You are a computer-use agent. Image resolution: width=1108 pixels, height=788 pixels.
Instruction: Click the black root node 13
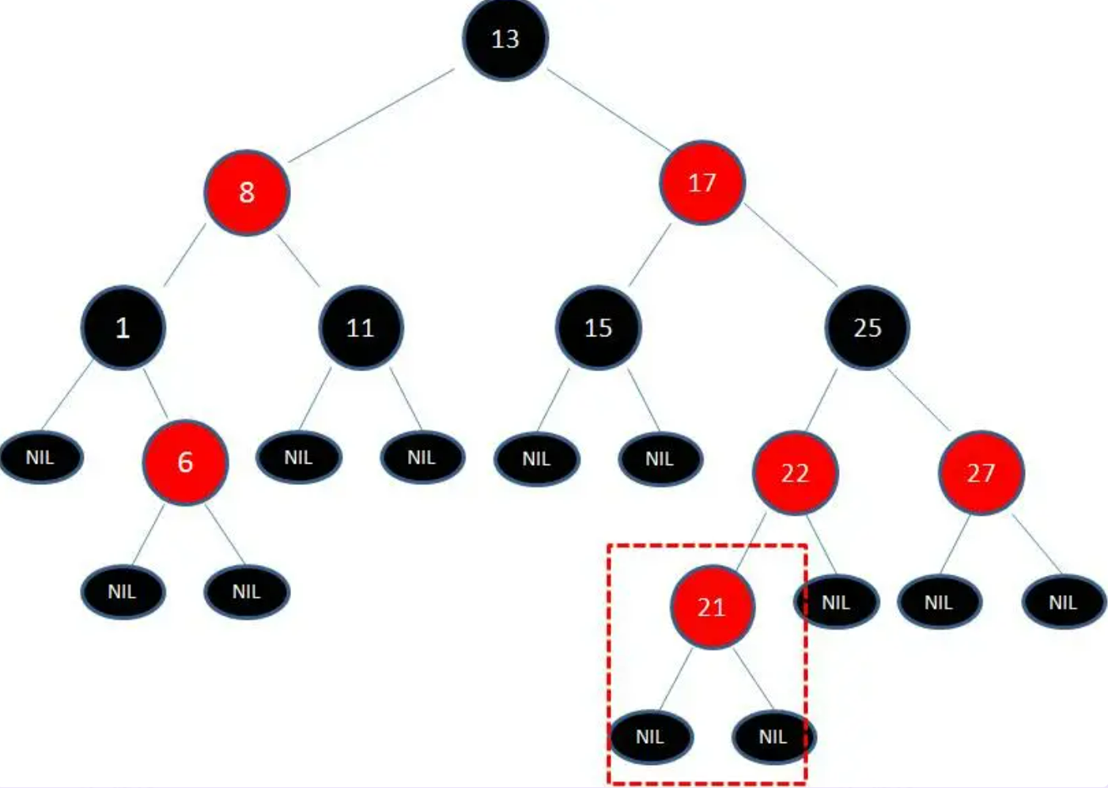coord(505,39)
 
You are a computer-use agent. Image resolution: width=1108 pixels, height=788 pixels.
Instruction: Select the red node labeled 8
coord(247,192)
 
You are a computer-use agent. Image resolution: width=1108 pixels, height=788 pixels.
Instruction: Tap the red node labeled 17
coord(701,183)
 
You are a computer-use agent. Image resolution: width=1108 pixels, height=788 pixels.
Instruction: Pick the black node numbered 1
coord(123,328)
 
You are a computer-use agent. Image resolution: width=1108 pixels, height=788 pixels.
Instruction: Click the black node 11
coord(361,328)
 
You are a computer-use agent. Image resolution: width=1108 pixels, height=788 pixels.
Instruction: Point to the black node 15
coord(598,328)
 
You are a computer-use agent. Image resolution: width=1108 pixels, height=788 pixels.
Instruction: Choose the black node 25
coord(868,328)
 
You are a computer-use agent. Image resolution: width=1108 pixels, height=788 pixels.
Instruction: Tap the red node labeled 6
coord(185,462)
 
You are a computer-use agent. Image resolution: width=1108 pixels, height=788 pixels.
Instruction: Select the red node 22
coord(795,473)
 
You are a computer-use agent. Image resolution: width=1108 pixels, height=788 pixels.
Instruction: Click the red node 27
coord(981,473)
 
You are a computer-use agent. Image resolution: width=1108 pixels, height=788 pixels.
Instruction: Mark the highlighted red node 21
coord(712,607)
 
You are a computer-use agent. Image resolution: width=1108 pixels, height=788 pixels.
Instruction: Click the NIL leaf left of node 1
coord(40,457)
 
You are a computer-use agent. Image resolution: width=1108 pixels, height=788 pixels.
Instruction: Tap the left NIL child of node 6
coord(123,592)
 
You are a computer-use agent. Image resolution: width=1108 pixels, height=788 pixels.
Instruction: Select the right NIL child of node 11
coord(422,457)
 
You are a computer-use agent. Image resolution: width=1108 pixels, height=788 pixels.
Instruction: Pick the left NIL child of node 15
coord(536,459)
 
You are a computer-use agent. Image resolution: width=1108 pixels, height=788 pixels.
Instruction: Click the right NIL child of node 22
coord(836,603)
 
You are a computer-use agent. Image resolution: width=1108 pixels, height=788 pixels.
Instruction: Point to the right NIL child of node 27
coord(1064,603)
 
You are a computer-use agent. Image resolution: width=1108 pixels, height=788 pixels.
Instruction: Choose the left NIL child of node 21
coord(650,737)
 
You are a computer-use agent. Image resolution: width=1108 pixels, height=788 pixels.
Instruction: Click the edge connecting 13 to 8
coord(372,115)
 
